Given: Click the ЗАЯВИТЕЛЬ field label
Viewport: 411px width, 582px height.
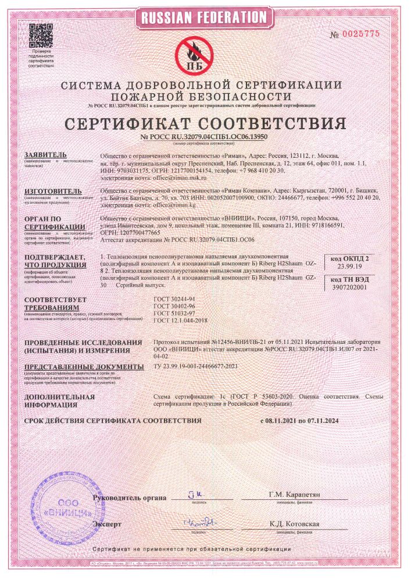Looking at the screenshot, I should (46, 155).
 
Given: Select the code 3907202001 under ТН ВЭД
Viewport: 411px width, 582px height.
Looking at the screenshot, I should (352, 287).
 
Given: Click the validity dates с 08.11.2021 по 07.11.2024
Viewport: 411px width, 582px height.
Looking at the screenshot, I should (299, 420).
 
